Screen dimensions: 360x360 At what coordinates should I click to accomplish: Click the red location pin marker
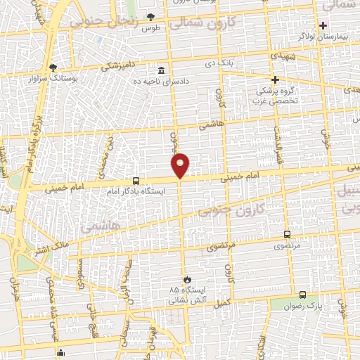[x=181, y=165]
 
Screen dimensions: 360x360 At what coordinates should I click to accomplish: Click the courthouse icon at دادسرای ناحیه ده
[x=162, y=70]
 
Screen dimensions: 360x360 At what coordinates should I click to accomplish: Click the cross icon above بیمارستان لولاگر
[x=323, y=25]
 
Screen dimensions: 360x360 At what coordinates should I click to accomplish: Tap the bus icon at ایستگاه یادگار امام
[x=136, y=181]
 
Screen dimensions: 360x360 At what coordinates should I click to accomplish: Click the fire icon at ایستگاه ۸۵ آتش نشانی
[x=186, y=279]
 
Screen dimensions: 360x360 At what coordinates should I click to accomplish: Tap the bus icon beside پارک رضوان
[x=302, y=295]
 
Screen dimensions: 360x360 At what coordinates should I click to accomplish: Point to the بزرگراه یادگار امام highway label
[x=30, y=148]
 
